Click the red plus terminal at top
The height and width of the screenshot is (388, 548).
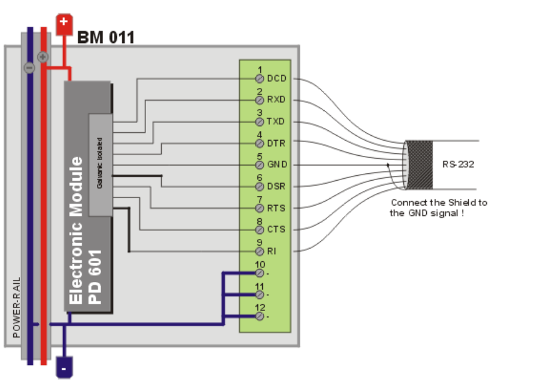[64, 24]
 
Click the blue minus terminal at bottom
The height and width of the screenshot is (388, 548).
[64, 367]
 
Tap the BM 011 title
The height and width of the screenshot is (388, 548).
[105, 38]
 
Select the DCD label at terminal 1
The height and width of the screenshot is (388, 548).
[276, 79]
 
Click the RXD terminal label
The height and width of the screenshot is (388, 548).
[276, 99]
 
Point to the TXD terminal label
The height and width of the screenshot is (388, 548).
[276, 122]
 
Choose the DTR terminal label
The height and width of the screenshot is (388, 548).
[276, 143]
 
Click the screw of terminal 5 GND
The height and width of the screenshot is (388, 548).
[259, 164]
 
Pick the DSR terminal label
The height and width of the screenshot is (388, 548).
[276, 186]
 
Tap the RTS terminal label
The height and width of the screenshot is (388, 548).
[276, 208]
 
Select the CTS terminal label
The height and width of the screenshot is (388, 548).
[276, 230]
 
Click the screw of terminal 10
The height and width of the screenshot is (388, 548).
[259, 273]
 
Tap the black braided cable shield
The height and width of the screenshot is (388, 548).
[418, 164]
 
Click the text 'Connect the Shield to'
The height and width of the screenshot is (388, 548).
[438, 202]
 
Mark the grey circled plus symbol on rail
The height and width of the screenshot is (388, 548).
[42, 57]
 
